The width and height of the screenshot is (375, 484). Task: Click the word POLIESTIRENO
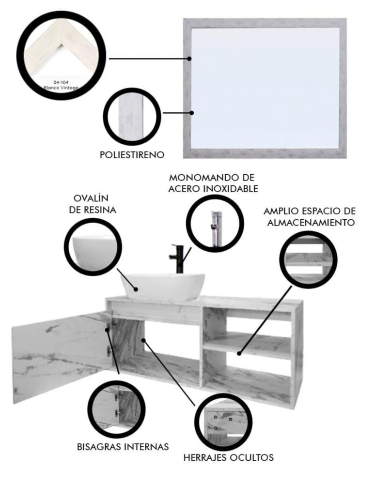132,155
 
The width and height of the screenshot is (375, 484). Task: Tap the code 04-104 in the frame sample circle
61,82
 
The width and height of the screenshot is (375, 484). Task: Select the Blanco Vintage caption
61,88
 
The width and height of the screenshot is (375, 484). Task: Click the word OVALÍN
91,198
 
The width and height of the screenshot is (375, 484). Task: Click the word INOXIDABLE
231,189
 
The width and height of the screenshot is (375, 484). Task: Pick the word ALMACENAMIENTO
311,222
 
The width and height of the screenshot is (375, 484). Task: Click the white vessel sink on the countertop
162,287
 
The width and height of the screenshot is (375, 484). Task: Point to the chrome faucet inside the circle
216,228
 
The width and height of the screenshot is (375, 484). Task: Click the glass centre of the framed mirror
265,88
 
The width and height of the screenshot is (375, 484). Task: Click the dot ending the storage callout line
239,353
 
